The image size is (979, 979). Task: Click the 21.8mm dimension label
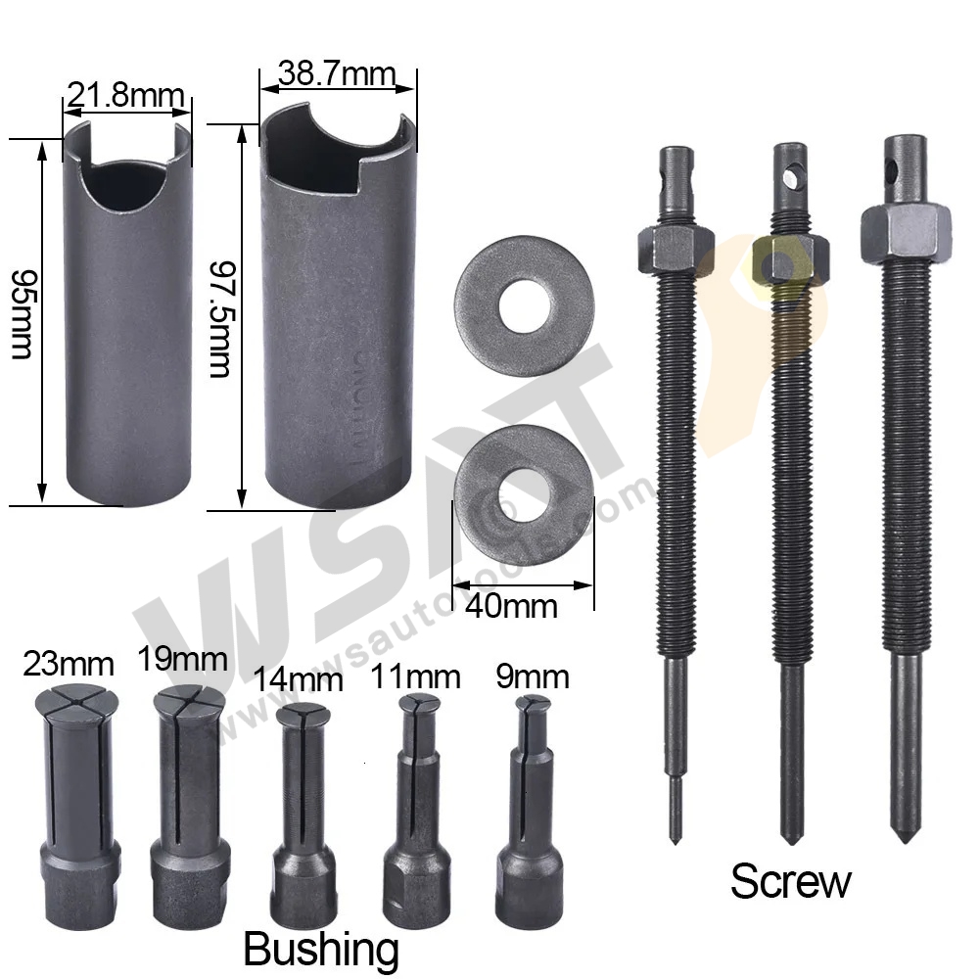point(124,95)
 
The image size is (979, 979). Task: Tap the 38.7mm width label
point(336,73)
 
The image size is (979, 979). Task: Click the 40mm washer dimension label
point(511,605)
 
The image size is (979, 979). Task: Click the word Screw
point(790,882)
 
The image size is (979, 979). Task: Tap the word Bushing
point(320,949)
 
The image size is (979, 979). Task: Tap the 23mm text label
point(67,665)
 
